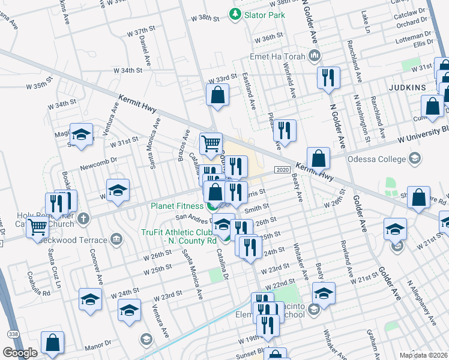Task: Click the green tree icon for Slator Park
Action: click(235, 14)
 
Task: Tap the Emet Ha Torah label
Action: click(277, 57)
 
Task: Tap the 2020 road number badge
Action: click(283, 170)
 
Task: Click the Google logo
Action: click(20, 353)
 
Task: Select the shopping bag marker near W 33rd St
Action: click(217, 95)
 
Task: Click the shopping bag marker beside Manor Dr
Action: click(52, 343)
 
